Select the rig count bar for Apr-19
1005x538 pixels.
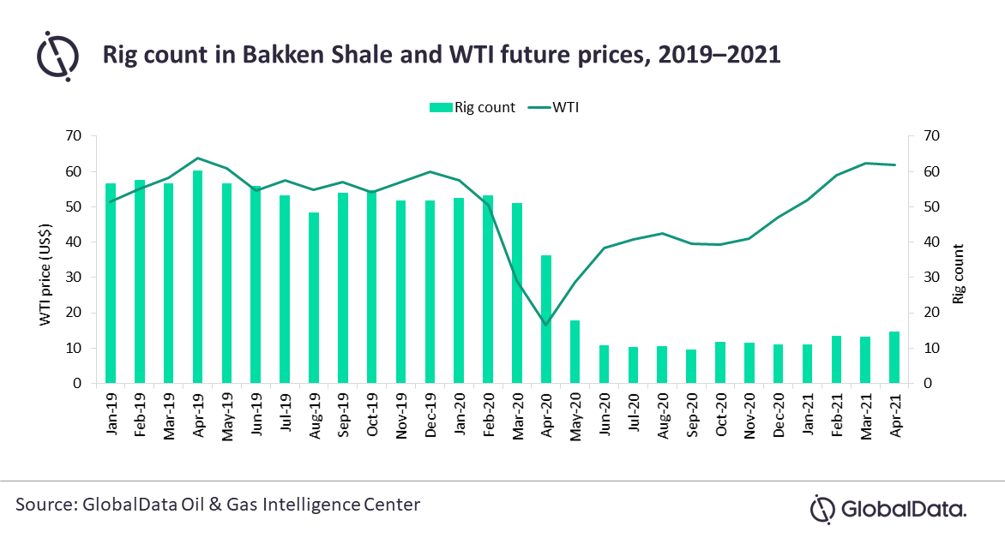[x=197, y=277]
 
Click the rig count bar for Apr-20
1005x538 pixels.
[x=546, y=319]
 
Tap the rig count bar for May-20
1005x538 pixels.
[x=575, y=351]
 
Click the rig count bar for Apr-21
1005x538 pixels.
[x=894, y=357]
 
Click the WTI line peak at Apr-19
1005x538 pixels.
[x=197, y=158]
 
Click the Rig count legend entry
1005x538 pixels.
[x=471, y=107]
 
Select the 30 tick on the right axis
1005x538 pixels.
[x=932, y=278]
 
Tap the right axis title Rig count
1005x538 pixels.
[x=958, y=274]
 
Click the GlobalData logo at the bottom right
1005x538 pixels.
[x=888, y=509]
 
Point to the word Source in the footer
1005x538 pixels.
[x=44, y=505]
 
